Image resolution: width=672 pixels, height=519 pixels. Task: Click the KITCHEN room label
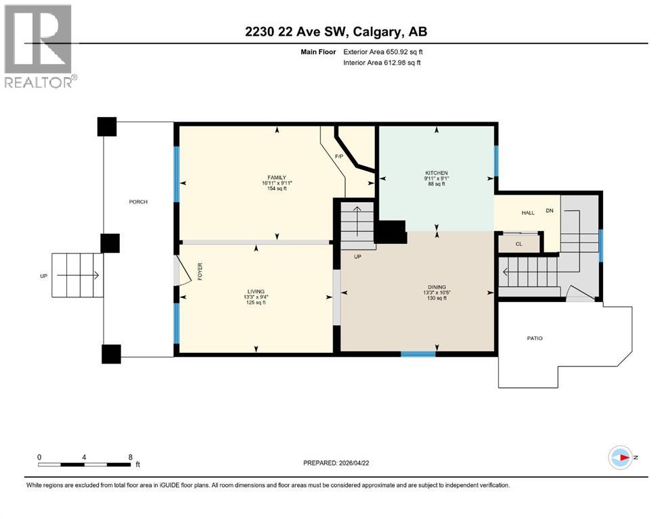[x=436, y=173]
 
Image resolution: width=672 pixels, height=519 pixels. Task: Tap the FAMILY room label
[x=276, y=177]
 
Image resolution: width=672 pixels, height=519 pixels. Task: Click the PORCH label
[x=138, y=202]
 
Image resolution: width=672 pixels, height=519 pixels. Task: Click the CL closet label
[x=519, y=244]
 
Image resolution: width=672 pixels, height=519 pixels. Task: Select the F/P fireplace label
[x=340, y=157]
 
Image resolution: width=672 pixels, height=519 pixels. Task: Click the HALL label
[x=528, y=213]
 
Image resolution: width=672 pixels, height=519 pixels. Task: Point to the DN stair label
[x=550, y=211]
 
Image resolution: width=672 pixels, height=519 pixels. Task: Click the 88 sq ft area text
[x=436, y=184]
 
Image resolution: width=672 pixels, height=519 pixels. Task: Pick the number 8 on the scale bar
[x=130, y=457]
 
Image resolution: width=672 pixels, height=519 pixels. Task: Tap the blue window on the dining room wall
[x=418, y=353]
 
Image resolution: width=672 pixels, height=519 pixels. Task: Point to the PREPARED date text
[x=336, y=463]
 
